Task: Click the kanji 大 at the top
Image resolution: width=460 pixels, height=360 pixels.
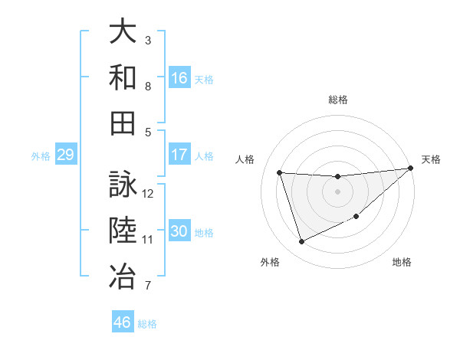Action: tap(123, 33)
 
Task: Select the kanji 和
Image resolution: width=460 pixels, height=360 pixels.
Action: tap(123, 77)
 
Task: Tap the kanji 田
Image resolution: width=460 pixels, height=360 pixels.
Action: tap(123, 123)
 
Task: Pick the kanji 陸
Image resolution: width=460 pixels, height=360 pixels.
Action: tap(123, 231)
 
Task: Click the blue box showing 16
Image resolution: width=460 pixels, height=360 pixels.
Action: tap(179, 78)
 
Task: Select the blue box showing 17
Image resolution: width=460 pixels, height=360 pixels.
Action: tap(179, 155)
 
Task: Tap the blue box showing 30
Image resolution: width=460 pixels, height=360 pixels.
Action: tap(179, 232)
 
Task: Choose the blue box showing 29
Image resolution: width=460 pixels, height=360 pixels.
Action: tap(65, 155)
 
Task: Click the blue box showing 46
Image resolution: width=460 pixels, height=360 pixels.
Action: tap(122, 322)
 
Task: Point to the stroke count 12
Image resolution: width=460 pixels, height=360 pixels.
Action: tap(149, 194)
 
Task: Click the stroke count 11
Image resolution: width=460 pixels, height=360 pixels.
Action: tap(149, 240)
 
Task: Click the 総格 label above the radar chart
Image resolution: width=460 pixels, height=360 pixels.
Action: tap(337, 100)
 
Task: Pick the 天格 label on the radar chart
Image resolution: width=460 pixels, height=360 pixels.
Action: tap(431, 159)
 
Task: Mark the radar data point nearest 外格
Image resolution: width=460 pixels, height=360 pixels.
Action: tap(301, 242)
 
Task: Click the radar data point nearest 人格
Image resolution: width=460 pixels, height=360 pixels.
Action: tap(280, 172)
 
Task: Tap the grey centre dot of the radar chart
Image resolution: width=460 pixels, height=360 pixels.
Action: tap(337, 191)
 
